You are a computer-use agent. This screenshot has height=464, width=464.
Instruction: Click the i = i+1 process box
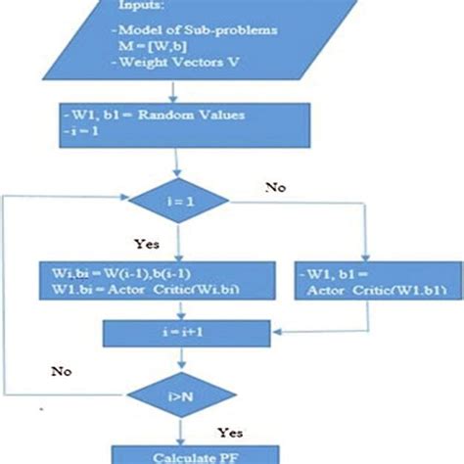tap(177, 333)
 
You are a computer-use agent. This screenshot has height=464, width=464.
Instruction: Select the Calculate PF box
tap(176, 455)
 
